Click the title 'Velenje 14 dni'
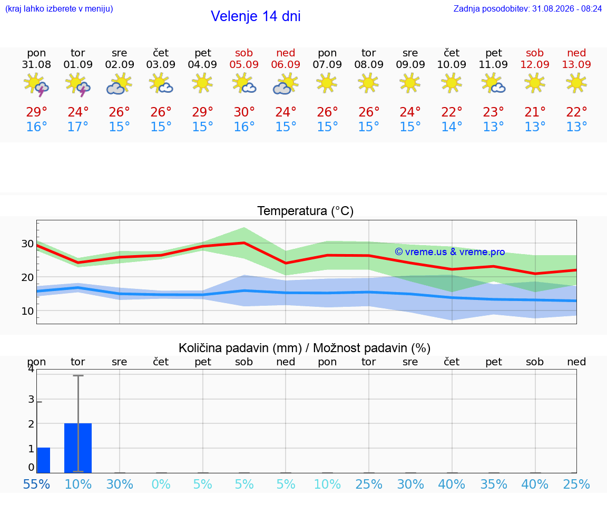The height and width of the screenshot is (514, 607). [x=256, y=16]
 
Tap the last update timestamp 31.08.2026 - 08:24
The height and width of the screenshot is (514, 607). [x=567, y=8]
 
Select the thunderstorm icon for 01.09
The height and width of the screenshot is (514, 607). [x=78, y=84]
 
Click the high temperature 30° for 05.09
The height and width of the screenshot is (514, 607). [x=244, y=112]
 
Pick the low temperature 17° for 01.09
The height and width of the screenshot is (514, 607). [x=78, y=127]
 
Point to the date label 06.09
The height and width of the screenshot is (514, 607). [x=286, y=64]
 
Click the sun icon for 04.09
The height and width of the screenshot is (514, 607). [x=202, y=83]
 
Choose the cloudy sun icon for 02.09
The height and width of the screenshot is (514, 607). [x=119, y=84]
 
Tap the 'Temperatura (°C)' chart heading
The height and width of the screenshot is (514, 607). [x=306, y=211]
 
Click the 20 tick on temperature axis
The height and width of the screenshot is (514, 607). [x=27, y=277]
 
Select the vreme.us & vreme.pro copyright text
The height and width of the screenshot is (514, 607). [x=450, y=252]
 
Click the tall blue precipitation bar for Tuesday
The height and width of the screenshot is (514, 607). [x=78, y=448]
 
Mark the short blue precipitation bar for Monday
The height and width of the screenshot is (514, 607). [x=43, y=460]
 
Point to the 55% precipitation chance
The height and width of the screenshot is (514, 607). [x=36, y=484]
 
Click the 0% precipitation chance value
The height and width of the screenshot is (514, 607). [x=161, y=484]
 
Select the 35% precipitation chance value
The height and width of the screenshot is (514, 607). [x=494, y=484]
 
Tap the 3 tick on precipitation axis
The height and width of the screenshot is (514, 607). [x=32, y=400]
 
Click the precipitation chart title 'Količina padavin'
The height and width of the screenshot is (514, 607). [x=240, y=348]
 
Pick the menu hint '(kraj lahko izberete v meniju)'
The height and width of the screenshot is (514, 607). [x=59, y=8]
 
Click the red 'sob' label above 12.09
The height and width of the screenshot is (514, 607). [x=535, y=53]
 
